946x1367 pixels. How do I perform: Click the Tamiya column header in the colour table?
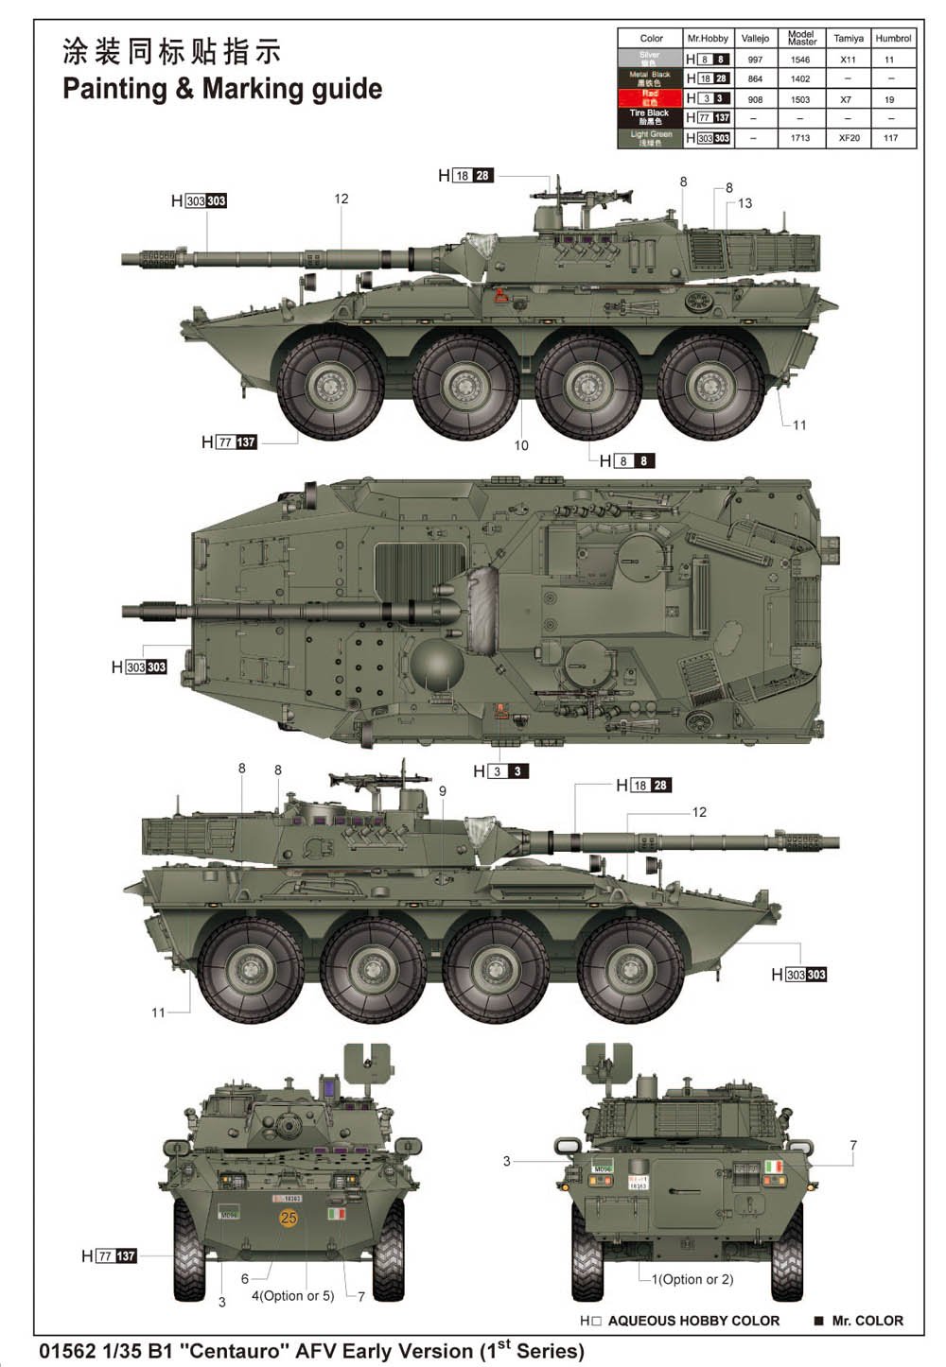point(848,39)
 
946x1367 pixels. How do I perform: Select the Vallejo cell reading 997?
point(755,60)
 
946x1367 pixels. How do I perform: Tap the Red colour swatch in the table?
point(650,98)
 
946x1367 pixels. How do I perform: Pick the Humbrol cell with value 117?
point(890,138)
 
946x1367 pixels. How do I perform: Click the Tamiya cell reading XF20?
point(849,138)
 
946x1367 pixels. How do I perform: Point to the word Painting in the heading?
point(114,90)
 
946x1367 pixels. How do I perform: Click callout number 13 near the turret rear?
point(745,203)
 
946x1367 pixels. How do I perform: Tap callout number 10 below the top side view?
point(521,445)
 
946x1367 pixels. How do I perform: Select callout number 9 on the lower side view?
point(442,791)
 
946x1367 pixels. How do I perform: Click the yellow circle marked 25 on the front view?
point(289,1219)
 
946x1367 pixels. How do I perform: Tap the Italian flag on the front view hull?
point(335,1213)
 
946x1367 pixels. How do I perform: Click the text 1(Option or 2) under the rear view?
point(692,1279)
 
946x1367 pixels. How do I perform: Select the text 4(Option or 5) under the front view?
point(292,1296)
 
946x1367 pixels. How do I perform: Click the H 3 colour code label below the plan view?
point(500,771)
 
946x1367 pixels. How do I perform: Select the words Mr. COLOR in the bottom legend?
point(867,1321)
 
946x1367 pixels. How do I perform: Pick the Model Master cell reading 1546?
point(800,60)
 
